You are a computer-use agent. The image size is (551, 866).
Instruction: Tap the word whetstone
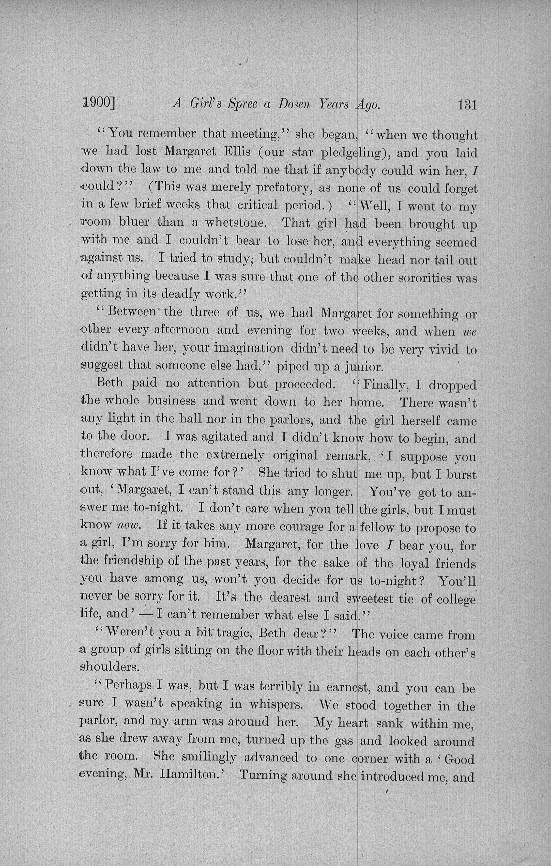236,223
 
